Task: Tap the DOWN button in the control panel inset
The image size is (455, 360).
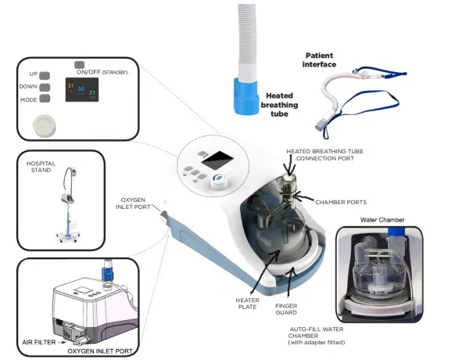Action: point(45,87)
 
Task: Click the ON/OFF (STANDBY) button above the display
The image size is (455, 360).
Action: point(79,64)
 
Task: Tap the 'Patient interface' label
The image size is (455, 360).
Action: point(320,60)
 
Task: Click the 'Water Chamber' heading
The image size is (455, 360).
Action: point(382,220)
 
